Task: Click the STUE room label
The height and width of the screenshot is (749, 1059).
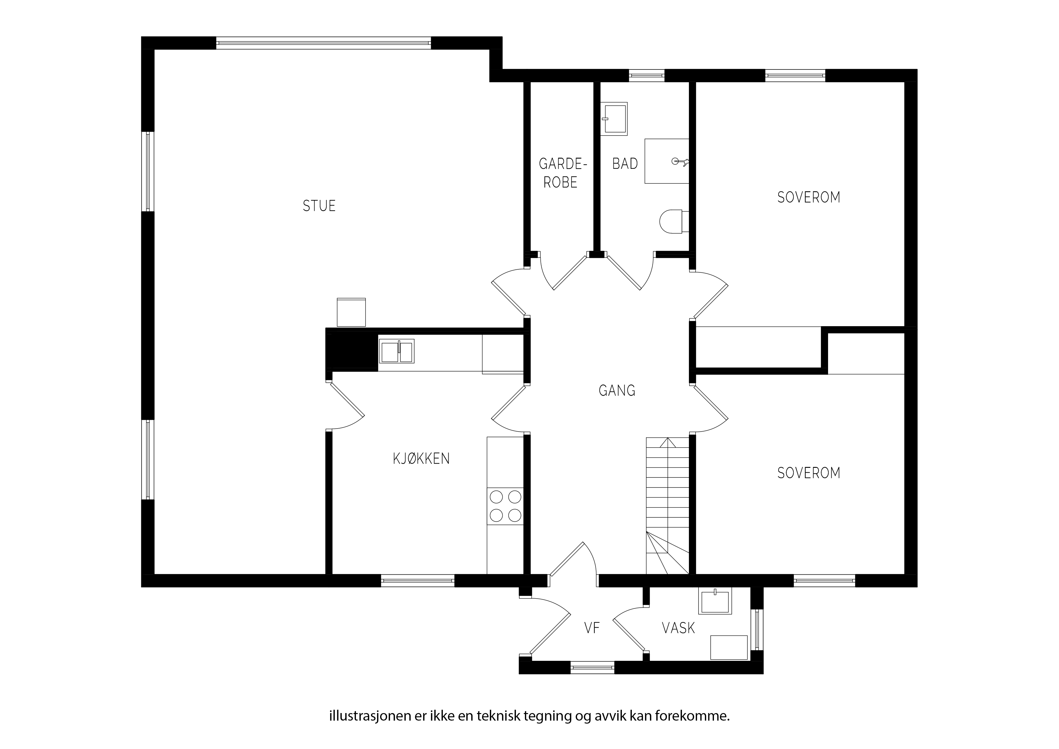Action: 319,206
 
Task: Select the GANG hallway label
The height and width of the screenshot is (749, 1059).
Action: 617,391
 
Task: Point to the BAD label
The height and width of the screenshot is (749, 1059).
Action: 625,163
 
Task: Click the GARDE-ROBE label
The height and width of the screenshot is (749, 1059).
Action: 560,173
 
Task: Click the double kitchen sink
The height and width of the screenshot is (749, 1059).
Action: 397,351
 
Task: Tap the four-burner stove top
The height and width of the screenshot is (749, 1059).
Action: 505,506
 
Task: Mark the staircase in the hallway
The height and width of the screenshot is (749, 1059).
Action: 667,506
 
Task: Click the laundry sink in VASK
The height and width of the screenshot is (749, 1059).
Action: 715,601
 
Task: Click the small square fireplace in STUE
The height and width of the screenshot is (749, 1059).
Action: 351,312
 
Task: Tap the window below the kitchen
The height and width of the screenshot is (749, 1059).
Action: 418,580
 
